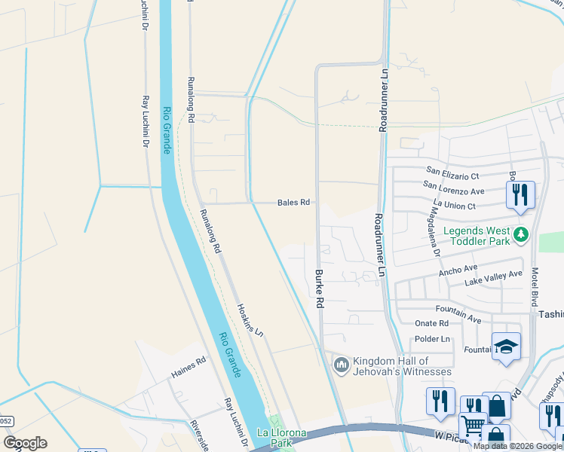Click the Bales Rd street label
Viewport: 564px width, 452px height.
293,203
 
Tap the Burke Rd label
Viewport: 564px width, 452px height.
319,289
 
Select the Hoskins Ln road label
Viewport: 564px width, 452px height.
250,320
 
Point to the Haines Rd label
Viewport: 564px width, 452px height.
188,367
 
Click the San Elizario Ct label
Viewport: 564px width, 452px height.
452,171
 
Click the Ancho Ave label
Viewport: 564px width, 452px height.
458,269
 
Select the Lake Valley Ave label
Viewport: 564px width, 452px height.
493,279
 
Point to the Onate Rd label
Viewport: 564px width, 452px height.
432,323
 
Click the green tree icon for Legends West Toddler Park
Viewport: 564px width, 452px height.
520,236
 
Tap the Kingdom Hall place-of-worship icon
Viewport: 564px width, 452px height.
341,365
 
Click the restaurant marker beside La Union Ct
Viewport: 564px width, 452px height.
520,196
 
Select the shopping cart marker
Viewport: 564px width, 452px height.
473,426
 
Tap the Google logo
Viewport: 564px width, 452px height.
25,443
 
